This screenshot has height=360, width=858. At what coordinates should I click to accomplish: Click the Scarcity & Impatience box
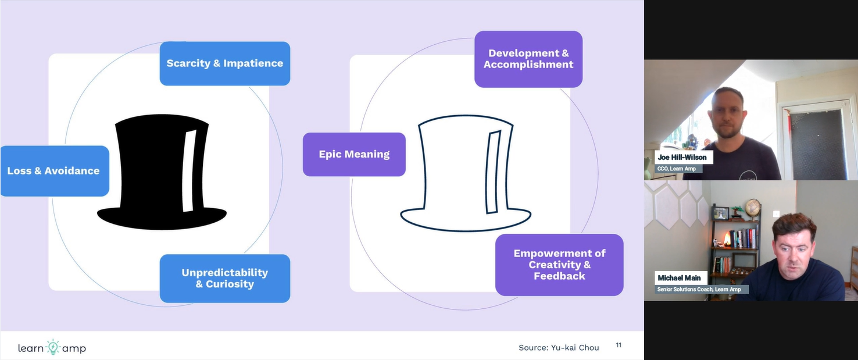tap(225, 63)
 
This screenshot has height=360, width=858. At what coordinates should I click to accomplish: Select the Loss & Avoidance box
tap(55, 171)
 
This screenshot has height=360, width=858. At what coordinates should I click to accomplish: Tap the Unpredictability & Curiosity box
tap(225, 279)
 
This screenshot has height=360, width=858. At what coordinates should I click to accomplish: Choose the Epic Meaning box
tap(355, 155)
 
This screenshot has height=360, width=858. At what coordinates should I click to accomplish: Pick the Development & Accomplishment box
tap(528, 59)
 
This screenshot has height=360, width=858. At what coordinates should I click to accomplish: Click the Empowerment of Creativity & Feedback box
tap(559, 265)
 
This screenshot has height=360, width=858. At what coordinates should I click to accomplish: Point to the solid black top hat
tap(162, 172)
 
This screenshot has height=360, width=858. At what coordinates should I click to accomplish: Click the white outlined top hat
tap(466, 173)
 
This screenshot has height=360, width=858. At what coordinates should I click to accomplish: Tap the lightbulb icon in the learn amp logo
tap(53, 347)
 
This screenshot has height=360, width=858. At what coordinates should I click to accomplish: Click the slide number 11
tap(619, 345)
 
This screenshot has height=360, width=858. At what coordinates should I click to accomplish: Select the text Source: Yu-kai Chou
tap(559, 348)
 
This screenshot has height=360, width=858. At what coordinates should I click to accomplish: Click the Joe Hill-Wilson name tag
tap(682, 157)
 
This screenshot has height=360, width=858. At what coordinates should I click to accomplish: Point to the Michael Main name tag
tap(679, 278)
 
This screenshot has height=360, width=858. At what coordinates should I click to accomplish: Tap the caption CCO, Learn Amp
tap(677, 169)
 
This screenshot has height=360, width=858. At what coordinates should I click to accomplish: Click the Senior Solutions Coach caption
tap(699, 290)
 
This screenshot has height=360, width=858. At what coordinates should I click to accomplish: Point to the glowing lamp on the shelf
tap(727, 239)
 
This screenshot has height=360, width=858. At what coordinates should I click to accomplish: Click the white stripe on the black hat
tap(190, 171)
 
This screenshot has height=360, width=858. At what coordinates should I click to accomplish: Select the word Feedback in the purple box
tap(559, 276)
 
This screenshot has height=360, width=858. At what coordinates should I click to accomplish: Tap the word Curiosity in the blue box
tap(230, 284)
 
